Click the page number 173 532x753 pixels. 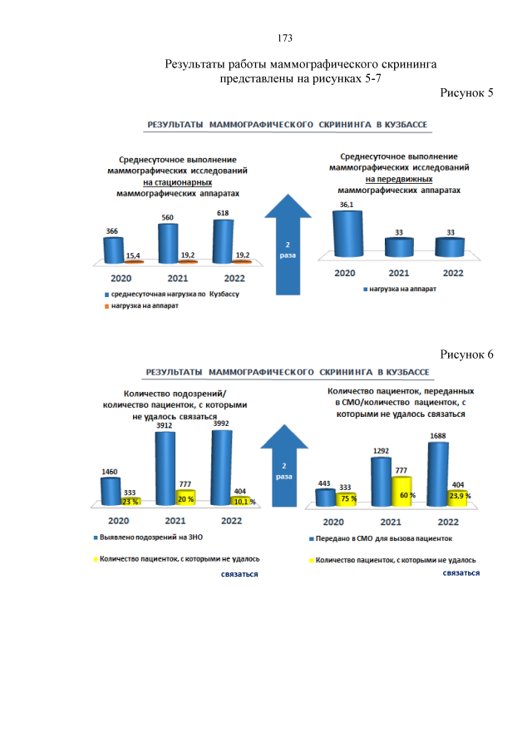coord(284,38)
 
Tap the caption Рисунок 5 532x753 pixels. coord(467,92)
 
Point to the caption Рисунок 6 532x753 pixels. coord(467,354)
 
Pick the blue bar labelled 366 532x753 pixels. coord(113,250)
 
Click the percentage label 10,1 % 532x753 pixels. coord(244,503)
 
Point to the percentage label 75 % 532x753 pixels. coord(348,498)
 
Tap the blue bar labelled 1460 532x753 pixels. coord(111,492)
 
